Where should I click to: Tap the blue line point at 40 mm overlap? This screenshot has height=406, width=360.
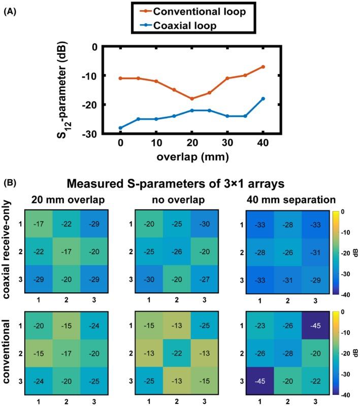[x=264, y=98]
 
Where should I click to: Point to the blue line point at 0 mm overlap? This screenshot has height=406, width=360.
[x=120, y=128]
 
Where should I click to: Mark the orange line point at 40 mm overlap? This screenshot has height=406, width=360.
[x=264, y=66]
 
